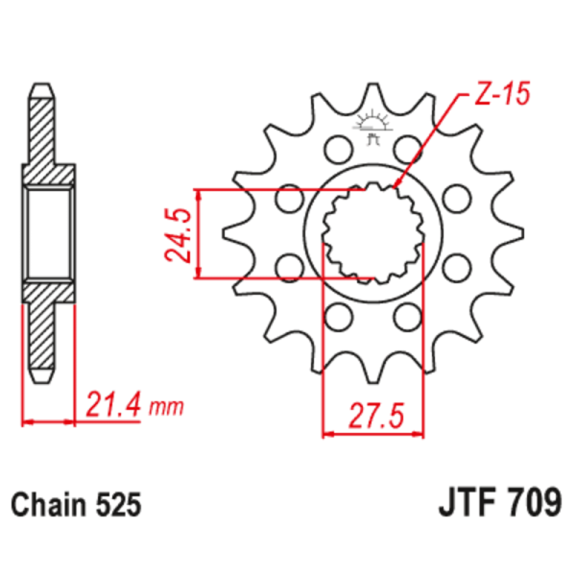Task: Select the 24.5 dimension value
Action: coord(176,234)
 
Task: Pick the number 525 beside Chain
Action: coord(119,503)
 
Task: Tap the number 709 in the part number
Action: coord(528,501)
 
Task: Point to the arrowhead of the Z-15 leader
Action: coord(397,184)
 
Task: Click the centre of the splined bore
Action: coord(372,233)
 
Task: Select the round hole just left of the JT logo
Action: coord(335,149)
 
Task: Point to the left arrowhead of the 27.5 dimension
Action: coord(326,435)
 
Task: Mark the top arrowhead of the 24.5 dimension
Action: coord(200,193)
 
